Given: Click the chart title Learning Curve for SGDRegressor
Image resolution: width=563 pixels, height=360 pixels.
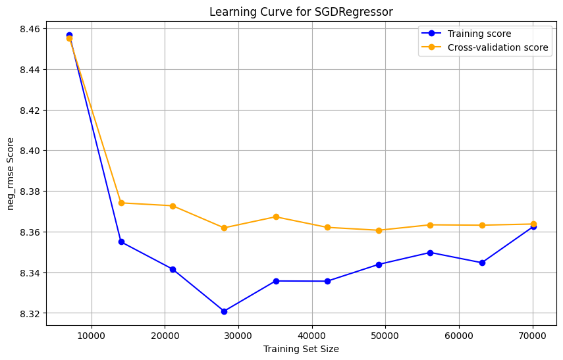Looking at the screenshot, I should pos(301,11).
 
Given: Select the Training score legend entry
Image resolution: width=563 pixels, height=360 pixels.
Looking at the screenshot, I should pos(478,34).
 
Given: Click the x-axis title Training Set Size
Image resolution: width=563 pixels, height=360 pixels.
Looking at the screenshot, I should pos(301,349).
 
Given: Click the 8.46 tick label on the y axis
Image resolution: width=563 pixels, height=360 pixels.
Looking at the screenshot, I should pos(30,29).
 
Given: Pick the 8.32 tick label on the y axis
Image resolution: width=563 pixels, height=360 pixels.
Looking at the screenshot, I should pos(30,314).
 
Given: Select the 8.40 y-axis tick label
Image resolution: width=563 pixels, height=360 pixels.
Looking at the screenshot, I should pos(30,151).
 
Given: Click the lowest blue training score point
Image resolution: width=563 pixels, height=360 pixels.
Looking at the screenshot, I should pos(224,311).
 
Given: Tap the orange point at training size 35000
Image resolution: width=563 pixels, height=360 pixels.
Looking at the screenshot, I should pos(276,217).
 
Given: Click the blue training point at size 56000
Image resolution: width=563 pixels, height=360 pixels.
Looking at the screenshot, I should pos(430,253).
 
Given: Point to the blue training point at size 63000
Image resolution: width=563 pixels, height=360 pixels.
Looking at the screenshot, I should pos(482,263).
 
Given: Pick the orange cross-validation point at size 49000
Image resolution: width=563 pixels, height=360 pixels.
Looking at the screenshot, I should pos(379,230).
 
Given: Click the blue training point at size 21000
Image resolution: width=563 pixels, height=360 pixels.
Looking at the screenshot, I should pos(173,269).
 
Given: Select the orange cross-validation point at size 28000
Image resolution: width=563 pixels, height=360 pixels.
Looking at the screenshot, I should pos(224,228).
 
